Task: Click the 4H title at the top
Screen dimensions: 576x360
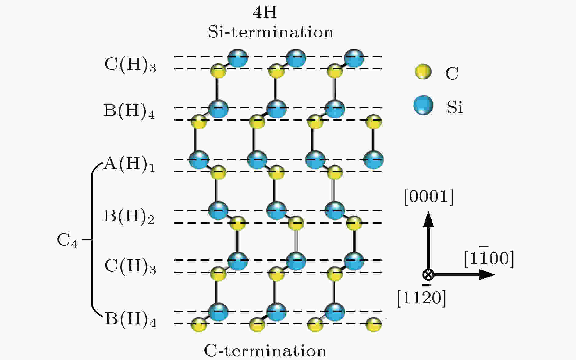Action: coord(265,12)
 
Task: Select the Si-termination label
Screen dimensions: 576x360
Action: coord(271,32)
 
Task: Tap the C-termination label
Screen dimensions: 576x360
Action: coord(265,351)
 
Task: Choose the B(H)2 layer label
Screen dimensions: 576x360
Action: coord(129,216)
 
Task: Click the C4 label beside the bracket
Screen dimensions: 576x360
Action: coord(67,240)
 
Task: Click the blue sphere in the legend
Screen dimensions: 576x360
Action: coord(423,105)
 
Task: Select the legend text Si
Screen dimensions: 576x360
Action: coord(455,107)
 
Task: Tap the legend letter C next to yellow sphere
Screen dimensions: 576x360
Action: coord(452,73)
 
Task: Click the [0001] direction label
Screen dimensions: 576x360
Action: coord(429,197)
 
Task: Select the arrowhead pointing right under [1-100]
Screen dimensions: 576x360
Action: coord(487,274)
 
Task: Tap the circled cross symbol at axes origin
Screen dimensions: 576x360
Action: coord(428,274)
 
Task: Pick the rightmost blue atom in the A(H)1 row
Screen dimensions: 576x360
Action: coord(373,159)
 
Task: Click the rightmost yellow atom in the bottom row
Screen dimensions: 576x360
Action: coord(373,324)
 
